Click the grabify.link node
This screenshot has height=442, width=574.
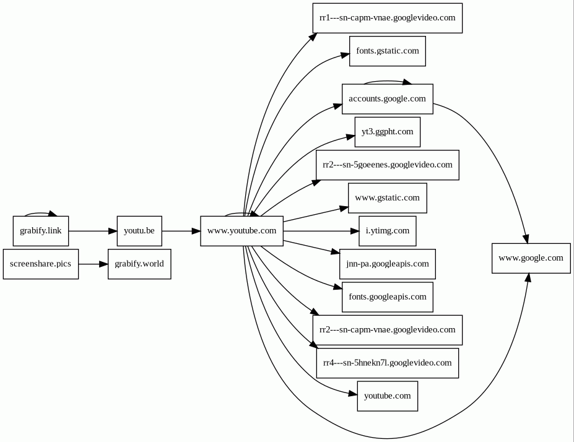(41, 231)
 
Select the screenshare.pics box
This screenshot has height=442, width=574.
(41, 264)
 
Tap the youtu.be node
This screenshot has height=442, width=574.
(139, 231)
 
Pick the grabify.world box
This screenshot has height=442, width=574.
(139, 264)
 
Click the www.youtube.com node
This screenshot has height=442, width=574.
(241, 231)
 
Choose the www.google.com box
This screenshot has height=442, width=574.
(531, 258)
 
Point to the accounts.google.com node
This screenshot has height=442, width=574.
(387, 99)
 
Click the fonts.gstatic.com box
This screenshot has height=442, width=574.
(387, 51)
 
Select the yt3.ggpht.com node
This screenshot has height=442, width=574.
(387, 132)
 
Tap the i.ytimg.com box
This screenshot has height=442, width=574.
(387, 231)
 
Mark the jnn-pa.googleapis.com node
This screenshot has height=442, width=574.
(387, 264)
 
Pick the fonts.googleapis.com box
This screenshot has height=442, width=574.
(387, 297)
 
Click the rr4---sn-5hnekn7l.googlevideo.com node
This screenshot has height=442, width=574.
(387, 363)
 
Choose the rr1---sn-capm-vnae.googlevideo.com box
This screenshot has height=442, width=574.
(387, 19)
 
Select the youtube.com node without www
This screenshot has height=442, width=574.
(387, 396)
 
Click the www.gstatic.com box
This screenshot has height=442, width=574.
(387, 198)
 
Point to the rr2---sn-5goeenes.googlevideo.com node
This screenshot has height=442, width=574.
(387, 165)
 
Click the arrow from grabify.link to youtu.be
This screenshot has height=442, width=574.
(93, 231)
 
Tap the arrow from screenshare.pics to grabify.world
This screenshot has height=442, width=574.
(93, 264)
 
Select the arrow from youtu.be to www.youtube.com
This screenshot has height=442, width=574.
(181, 231)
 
